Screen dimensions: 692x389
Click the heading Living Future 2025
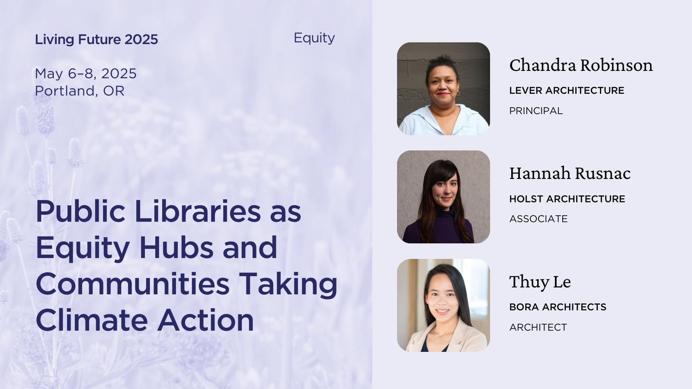click(x=96, y=39)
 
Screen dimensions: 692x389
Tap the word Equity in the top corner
click(x=314, y=38)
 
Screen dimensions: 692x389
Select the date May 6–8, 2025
click(x=86, y=74)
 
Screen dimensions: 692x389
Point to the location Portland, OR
click(x=80, y=91)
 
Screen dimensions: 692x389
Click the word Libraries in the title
click(x=198, y=211)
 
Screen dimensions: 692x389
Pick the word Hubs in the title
click(x=176, y=248)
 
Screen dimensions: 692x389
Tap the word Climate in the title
click(x=92, y=320)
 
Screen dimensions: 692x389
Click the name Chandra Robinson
click(x=581, y=65)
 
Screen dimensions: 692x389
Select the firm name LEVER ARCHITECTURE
click(x=567, y=90)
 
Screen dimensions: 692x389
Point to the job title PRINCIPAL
click(x=536, y=111)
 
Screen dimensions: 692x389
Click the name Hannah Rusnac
click(x=570, y=173)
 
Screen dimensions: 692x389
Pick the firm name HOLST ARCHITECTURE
click(x=567, y=199)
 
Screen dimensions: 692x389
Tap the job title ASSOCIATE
click(x=538, y=219)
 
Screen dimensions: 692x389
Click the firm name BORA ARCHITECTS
click(x=558, y=307)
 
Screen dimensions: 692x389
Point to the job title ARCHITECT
click(x=538, y=327)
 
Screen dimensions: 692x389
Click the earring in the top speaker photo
click(x=458, y=93)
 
